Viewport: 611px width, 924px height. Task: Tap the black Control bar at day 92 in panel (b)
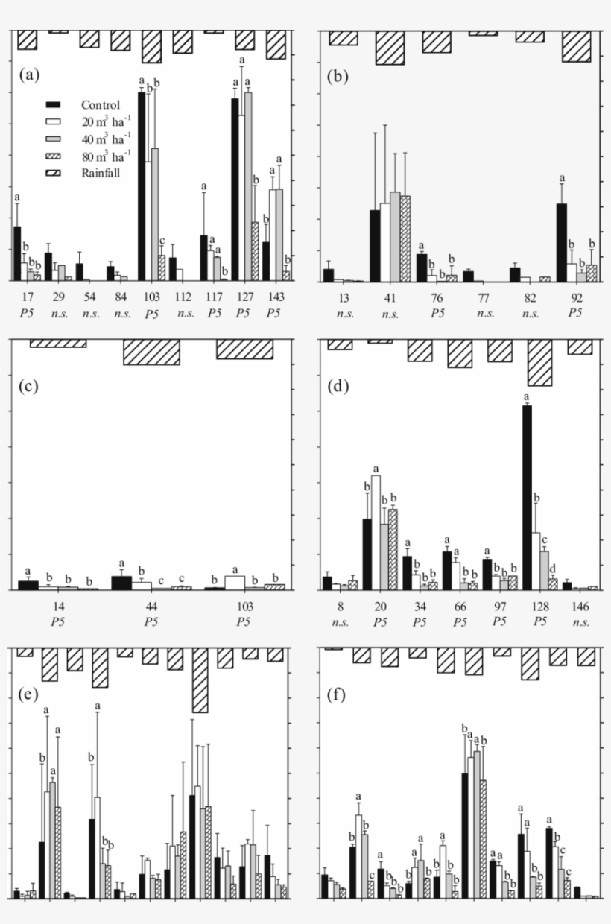(x=562, y=242)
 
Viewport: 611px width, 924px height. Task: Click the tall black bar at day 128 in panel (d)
(x=527, y=498)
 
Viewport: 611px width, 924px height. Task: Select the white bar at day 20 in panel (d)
(x=376, y=532)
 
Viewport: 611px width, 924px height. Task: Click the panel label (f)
(x=339, y=698)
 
